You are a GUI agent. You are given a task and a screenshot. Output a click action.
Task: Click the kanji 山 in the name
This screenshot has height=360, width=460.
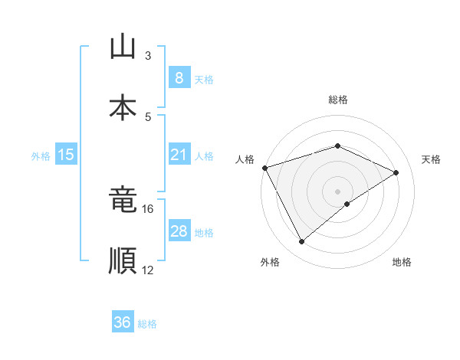click(x=123, y=48)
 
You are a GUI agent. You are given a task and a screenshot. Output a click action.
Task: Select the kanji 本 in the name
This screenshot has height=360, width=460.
click(x=123, y=108)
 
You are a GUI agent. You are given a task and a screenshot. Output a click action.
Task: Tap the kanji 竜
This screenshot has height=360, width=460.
click(x=123, y=201)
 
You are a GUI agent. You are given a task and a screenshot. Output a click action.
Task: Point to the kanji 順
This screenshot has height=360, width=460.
click(x=123, y=260)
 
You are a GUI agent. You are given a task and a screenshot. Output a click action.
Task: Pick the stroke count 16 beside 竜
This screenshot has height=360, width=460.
click(x=148, y=208)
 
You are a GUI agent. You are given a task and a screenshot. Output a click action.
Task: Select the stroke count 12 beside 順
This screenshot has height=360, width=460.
click(x=148, y=270)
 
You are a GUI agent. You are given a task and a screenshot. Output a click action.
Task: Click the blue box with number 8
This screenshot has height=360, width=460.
click(x=179, y=78)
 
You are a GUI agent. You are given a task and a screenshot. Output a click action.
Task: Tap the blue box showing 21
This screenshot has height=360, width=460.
click(x=179, y=155)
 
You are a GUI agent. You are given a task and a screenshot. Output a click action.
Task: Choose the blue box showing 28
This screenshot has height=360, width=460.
click(x=179, y=231)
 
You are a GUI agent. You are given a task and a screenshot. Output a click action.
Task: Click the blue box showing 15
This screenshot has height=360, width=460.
click(x=66, y=155)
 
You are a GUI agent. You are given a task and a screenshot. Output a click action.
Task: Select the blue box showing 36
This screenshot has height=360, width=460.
click(x=123, y=322)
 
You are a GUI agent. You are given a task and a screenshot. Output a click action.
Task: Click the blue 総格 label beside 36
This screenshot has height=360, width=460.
click(x=147, y=324)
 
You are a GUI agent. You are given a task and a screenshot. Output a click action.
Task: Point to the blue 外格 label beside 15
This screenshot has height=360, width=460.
click(x=41, y=156)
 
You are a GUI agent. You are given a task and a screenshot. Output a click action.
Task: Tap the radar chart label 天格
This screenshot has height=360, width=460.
click(x=431, y=159)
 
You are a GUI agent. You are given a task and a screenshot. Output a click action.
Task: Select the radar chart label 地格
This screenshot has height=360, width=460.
click(x=402, y=263)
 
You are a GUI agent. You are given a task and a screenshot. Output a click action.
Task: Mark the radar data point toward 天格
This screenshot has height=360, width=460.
click(x=396, y=172)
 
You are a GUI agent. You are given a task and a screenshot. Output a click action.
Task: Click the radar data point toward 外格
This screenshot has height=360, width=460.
click(x=301, y=242)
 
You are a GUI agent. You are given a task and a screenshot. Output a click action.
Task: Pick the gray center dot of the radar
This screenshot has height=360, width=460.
click(x=337, y=191)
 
